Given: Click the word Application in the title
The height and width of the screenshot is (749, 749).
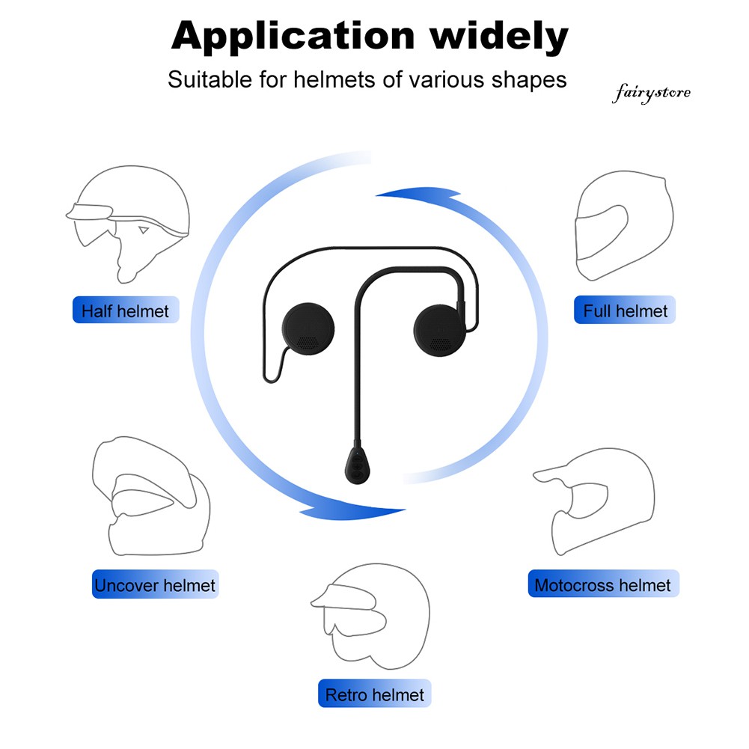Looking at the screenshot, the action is [x=293, y=37].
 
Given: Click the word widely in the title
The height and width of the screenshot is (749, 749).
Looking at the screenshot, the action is [x=498, y=37].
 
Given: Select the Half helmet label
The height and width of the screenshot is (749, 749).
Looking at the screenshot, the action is [x=126, y=311].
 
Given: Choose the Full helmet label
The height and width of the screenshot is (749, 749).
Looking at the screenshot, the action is [x=625, y=310].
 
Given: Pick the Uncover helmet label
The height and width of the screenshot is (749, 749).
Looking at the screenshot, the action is [x=155, y=585].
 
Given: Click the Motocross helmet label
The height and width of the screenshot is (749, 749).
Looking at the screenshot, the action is [x=602, y=584].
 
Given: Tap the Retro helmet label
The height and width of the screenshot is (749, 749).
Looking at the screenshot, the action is [x=374, y=695].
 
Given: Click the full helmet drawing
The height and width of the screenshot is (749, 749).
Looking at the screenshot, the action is [x=623, y=224].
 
